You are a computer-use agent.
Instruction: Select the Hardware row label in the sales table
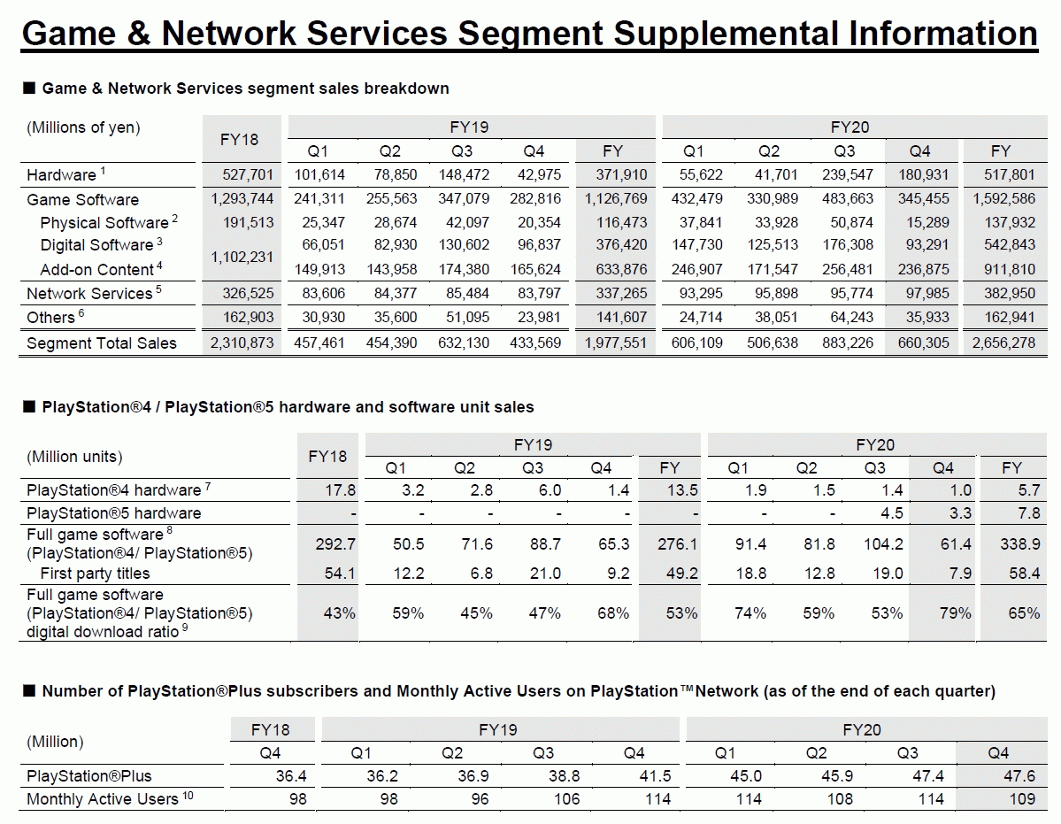coord(61,174)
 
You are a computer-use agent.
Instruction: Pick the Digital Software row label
coord(96,245)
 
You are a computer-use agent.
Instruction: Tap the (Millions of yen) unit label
coord(83,127)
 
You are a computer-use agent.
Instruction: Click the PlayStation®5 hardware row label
coord(113,513)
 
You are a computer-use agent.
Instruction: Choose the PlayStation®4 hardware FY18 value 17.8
coord(339,490)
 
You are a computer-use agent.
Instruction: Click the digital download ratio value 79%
coord(954,612)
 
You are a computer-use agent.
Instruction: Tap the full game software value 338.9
coord(1019,544)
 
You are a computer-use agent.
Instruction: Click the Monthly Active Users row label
coord(102,799)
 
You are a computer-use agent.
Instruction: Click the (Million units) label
coord(74,457)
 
